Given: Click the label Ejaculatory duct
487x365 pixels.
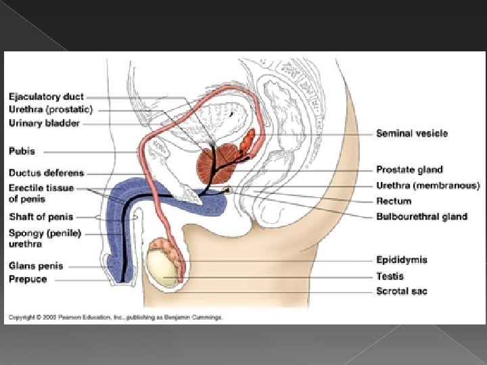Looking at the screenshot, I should tap(47, 97).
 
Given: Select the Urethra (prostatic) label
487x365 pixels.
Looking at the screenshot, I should tap(51, 109).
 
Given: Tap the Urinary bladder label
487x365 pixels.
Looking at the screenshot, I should tap(45, 123).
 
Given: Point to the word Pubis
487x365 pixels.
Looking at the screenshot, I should tap(22, 151).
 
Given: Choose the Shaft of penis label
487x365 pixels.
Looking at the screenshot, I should tap(41, 217).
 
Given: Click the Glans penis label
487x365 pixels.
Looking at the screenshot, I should tap(36, 266).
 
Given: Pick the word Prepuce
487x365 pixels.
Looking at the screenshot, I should tap(28, 278).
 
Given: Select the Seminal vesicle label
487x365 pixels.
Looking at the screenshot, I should tap(412, 134).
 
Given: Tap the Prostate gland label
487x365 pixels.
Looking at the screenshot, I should tap(410, 170).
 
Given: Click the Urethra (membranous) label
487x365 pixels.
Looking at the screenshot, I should tap(427, 185).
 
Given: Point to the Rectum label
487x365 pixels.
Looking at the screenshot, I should tap(394, 201).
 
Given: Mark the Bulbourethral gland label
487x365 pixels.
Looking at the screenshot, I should tap(422, 216).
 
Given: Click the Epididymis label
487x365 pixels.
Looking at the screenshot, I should tap(402, 260).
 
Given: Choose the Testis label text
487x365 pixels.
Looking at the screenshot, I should tap(390, 276).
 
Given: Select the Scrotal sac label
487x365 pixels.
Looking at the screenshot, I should tap(402, 291).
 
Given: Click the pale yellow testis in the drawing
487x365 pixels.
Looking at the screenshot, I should tap(163, 266).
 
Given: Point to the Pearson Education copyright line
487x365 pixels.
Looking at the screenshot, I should tap(115, 316).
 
